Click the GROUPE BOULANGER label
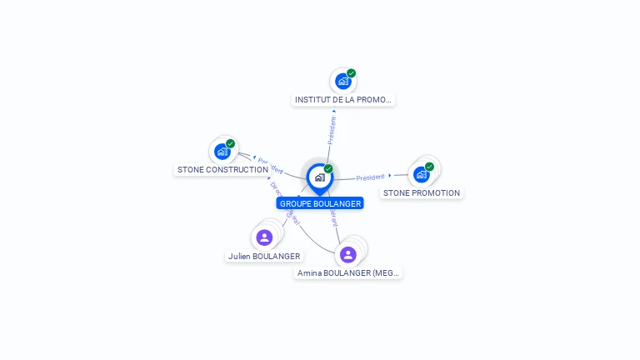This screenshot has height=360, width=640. [x=320, y=203]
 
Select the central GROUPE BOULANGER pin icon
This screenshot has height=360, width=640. [x=319, y=177]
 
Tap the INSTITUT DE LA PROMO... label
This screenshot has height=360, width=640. [x=342, y=100]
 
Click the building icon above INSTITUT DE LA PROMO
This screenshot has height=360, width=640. [x=342, y=82]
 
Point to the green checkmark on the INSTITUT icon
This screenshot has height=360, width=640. [x=352, y=73]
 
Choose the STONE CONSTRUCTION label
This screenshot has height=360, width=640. [x=222, y=170]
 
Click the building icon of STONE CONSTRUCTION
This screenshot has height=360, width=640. [x=222, y=152]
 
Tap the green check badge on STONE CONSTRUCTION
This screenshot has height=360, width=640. [x=231, y=143]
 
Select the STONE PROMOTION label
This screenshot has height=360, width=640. [x=422, y=193]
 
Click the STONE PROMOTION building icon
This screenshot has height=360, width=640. [x=421, y=174]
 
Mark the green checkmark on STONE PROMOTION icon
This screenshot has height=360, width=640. [x=430, y=167]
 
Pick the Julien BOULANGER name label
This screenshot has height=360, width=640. [x=264, y=257]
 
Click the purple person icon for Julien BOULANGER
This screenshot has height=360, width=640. [x=265, y=237]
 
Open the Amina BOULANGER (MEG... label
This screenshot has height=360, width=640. [x=349, y=273]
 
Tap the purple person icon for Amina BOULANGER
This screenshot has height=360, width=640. [x=348, y=254]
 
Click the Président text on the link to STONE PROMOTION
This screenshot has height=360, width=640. [x=370, y=177]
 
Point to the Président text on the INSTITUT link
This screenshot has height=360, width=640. [x=332, y=131]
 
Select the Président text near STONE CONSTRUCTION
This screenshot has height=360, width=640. [x=271, y=163]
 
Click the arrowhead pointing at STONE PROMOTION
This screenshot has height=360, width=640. [x=390, y=176]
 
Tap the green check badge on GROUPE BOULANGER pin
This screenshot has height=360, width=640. [x=328, y=169]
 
